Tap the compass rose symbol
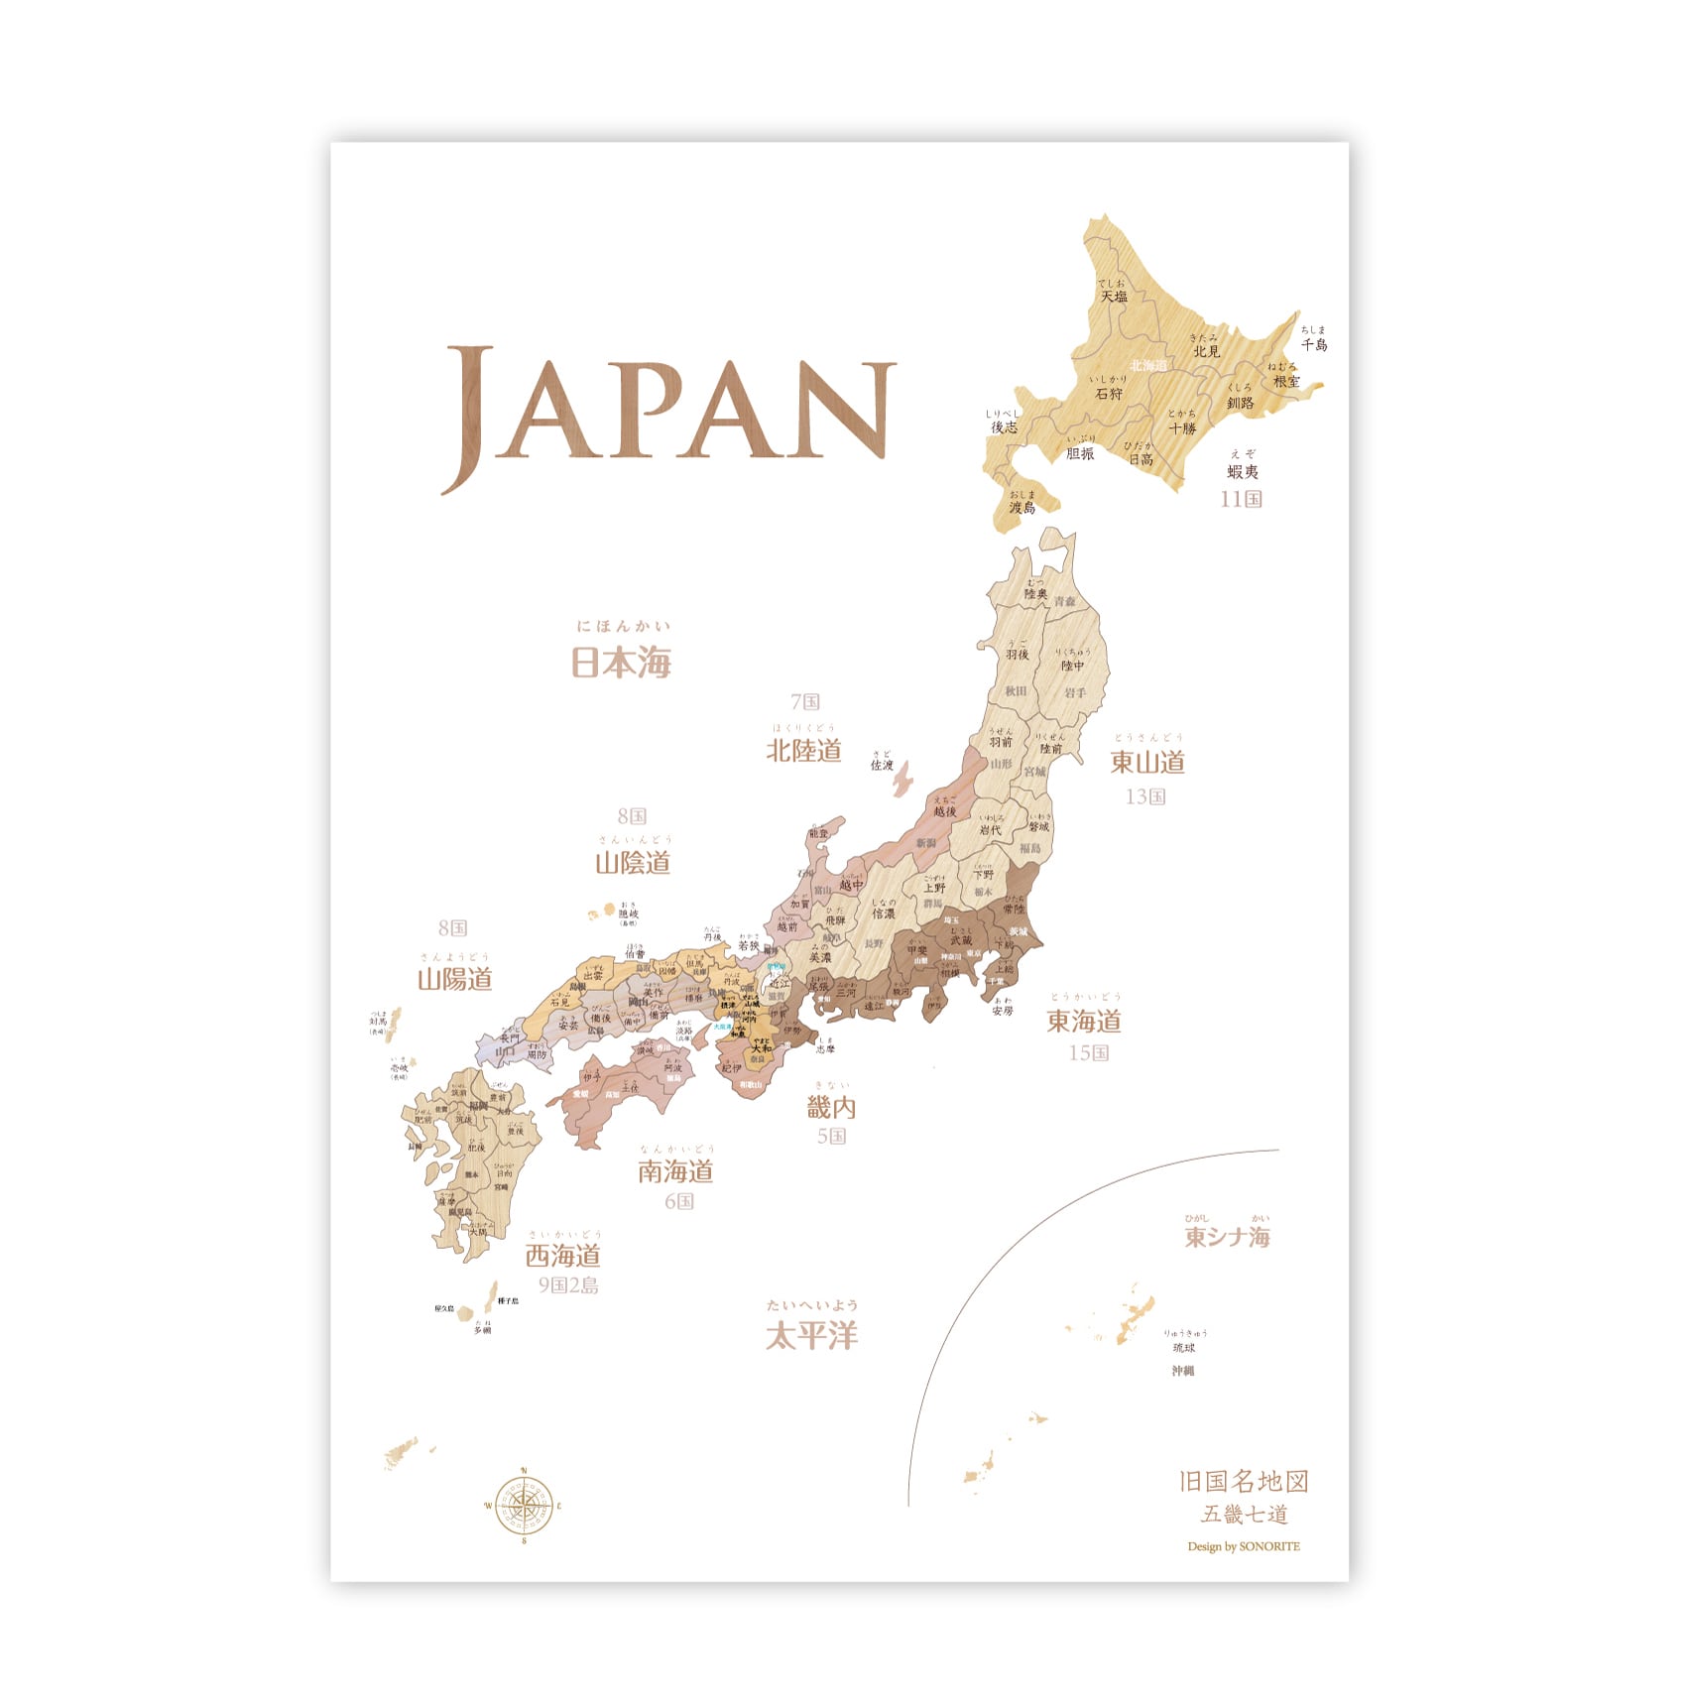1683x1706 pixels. [x=524, y=1506]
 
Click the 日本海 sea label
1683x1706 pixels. [x=622, y=662]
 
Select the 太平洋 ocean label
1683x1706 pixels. [x=811, y=1335]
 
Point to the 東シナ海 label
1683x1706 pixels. [x=1227, y=1236]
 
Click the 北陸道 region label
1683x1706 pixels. [x=803, y=750]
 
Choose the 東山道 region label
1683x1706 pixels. [x=1147, y=762]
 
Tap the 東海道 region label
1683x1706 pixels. [x=1084, y=1021]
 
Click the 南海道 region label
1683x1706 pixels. [x=675, y=1171]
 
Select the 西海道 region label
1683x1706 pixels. [x=563, y=1256]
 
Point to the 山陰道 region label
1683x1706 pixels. [x=633, y=862]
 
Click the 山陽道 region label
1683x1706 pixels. [x=454, y=979]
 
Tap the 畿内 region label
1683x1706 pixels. [x=831, y=1108]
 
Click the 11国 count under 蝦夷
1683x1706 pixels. [x=1241, y=498]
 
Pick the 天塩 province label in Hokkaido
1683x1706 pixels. [x=1113, y=296]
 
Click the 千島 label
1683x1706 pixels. [x=1314, y=344]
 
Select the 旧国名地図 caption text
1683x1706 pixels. [x=1244, y=1481]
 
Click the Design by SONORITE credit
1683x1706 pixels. [x=1243, y=1546]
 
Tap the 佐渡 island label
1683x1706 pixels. [x=882, y=765]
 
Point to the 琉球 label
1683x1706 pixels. [x=1184, y=1348]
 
